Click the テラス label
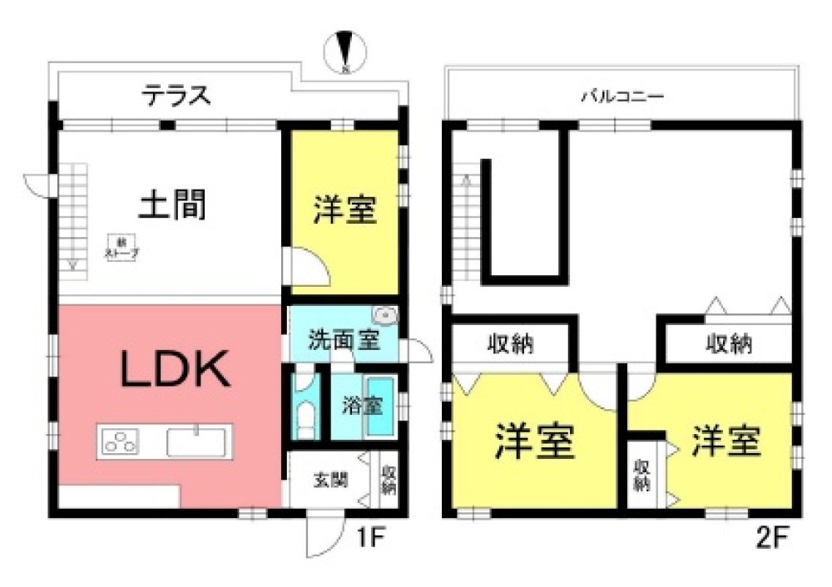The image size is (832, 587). [x=176, y=96]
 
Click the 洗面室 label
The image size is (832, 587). [x=333, y=341]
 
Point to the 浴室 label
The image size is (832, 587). [x=363, y=407]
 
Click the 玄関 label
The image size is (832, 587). [x=330, y=480]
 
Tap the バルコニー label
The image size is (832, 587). [x=622, y=96]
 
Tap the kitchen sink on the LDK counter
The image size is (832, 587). [x=197, y=441]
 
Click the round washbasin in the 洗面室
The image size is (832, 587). [x=385, y=315]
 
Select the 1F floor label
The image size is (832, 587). [x=369, y=535]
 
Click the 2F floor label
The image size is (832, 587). [x=770, y=535]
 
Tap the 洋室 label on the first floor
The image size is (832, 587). [x=345, y=210]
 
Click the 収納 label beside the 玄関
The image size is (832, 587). [x=389, y=480]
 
